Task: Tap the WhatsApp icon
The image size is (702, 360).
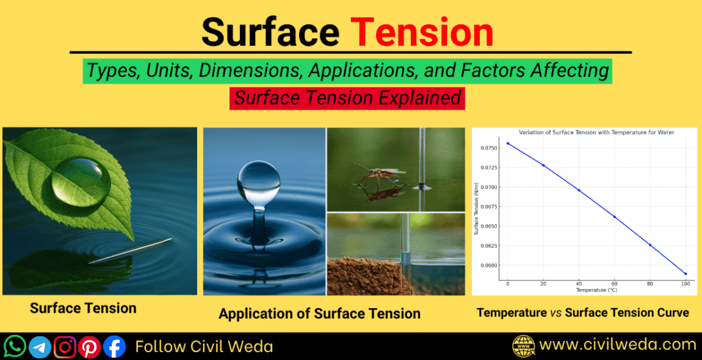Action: (x=15, y=346)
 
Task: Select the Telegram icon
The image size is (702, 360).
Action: (x=40, y=346)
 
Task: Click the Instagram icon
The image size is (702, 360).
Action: (x=65, y=346)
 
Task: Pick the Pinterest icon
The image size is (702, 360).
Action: (x=89, y=346)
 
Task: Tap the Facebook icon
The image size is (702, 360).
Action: (x=114, y=346)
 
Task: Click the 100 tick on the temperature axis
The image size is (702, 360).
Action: (x=686, y=283)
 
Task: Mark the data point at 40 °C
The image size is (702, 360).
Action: (x=579, y=190)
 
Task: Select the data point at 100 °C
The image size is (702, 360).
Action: (x=686, y=274)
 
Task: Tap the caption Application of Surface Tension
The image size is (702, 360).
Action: (x=319, y=313)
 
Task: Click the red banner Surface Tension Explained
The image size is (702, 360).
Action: (x=348, y=99)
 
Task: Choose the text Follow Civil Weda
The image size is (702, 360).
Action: (x=204, y=346)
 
